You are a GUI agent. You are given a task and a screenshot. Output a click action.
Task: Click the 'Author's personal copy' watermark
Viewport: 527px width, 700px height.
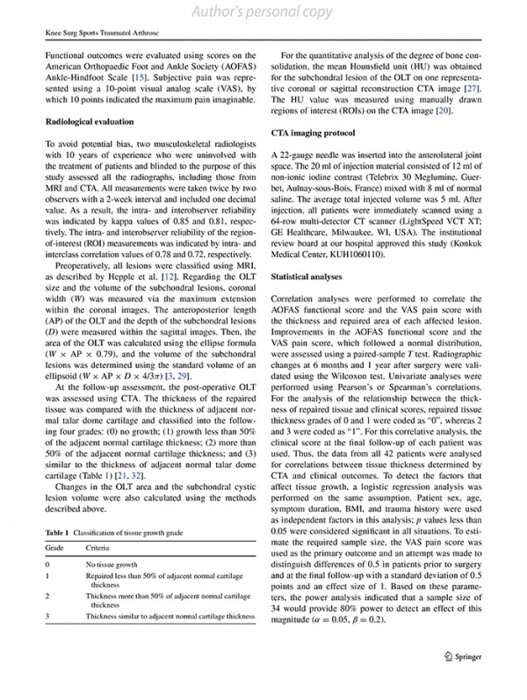coord(263,11)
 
